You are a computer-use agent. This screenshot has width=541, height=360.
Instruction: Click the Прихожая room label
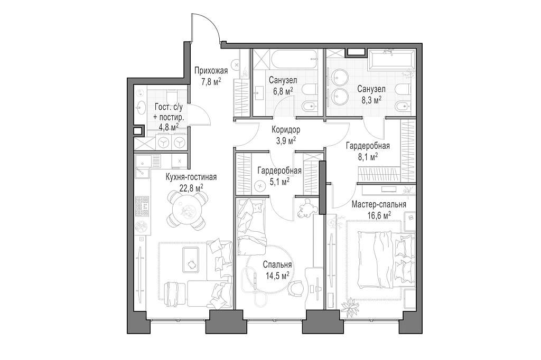pyautogui.click(x=211, y=71)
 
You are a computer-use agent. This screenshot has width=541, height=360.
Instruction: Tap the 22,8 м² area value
pyautogui.click(x=191, y=187)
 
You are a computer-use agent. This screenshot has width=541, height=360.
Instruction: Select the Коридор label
pyautogui.click(x=286, y=130)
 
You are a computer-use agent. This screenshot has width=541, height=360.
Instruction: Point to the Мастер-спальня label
pyautogui.click(x=379, y=204)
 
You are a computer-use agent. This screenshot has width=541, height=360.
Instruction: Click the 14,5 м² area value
pyautogui.click(x=277, y=275)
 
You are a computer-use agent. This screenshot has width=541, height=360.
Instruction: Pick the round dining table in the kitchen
pyautogui.click(x=188, y=210)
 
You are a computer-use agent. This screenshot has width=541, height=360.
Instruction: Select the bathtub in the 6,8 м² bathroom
pyautogui.click(x=294, y=59)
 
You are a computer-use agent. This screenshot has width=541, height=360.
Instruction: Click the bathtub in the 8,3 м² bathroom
pyautogui.click(x=392, y=59)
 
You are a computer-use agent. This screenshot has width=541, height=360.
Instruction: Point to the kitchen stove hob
pyautogui.click(x=142, y=207)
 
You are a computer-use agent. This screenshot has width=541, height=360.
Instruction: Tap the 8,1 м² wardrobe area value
pyautogui.click(x=368, y=157)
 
